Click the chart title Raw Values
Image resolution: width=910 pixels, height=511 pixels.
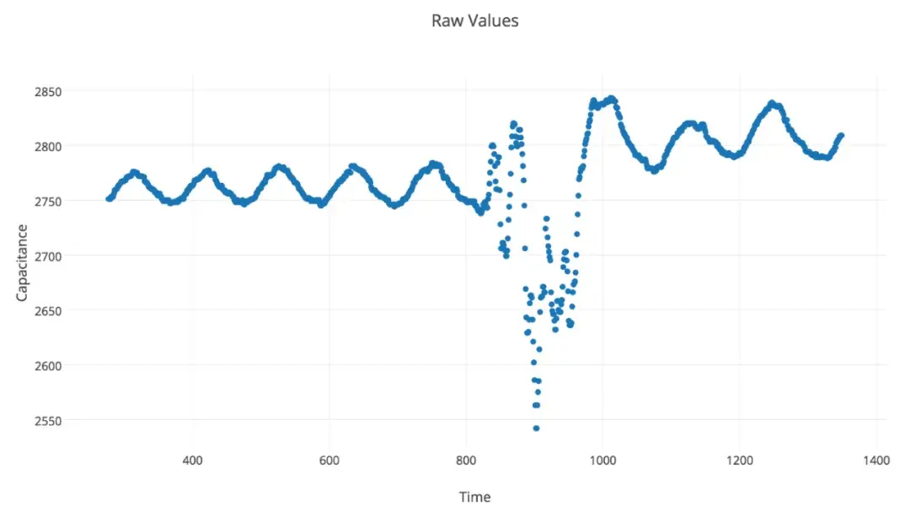click(474, 20)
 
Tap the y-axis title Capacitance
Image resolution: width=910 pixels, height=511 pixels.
click(23, 262)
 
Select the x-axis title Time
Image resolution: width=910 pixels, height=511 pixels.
click(474, 497)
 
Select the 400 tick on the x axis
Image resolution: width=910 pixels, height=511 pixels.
click(193, 460)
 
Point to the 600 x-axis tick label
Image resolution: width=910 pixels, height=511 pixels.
click(329, 460)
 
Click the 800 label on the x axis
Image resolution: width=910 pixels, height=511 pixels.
click(466, 460)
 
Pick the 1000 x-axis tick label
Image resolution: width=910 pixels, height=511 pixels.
click(602, 460)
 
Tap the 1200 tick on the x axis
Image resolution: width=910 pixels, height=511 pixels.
click(739, 460)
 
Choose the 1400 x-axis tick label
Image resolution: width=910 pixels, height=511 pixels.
click(876, 460)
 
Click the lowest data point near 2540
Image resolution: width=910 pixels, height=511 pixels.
click(536, 428)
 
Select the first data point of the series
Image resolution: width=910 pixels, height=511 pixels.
click(108, 198)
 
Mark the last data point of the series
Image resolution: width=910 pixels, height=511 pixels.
click(841, 135)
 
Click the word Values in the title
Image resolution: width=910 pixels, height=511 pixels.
click(497, 20)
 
